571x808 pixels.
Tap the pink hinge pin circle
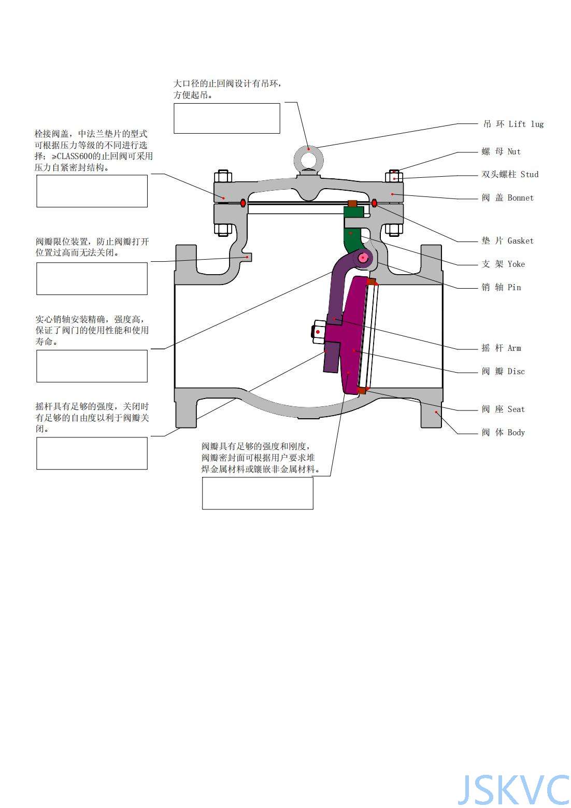362,258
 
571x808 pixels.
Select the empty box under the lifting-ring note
227,118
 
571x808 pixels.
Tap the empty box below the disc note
258,493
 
